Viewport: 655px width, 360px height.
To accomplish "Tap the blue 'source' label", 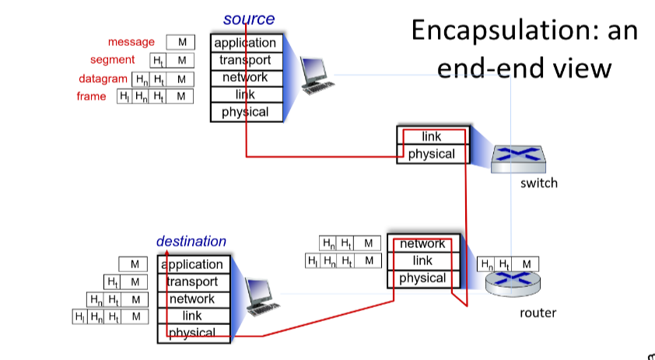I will (x=248, y=19).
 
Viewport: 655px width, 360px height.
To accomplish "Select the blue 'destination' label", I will (x=191, y=241).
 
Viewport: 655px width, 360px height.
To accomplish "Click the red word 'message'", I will (x=131, y=42).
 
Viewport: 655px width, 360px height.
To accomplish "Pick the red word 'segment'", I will (x=112, y=60).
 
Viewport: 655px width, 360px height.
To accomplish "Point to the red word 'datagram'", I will (x=103, y=79).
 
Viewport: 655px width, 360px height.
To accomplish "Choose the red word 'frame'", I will (x=91, y=96).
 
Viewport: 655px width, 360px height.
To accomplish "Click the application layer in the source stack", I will (x=245, y=43).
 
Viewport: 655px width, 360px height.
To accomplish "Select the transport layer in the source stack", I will (x=245, y=60).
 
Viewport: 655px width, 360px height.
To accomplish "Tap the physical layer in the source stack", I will (x=245, y=112).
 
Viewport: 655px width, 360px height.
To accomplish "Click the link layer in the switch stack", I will (x=431, y=137).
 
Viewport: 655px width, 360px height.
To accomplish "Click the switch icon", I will (x=518, y=156).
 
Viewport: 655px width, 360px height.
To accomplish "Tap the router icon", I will (x=512, y=284).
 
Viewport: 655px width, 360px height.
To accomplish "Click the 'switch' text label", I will (x=539, y=183).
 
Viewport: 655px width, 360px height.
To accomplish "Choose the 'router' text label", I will (x=538, y=313).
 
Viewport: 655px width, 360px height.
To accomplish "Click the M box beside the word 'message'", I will (x=182, y=42).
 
